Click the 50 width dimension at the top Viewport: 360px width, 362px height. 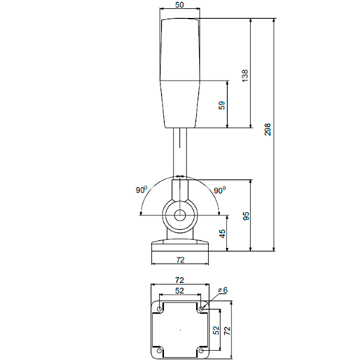179,5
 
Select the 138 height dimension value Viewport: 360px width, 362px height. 245,75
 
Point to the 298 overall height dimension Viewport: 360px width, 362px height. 268,129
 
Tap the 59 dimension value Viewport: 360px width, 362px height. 221,105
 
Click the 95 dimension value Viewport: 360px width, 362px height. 245,215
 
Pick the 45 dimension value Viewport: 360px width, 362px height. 221,234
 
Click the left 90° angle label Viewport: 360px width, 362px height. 142,190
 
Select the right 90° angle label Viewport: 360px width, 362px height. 219,190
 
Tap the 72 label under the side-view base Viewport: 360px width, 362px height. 180,260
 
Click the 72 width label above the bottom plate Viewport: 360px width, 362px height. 179,280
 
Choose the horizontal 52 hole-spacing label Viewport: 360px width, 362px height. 179,291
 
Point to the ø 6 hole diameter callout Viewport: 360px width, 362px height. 223,290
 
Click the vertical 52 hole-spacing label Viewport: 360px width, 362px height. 216,330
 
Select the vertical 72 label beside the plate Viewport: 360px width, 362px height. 227,330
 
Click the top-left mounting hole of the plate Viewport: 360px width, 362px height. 159,309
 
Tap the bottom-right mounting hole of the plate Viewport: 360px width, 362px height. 201,351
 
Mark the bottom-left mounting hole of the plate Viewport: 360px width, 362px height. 159,351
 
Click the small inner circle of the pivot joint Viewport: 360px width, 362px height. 180,215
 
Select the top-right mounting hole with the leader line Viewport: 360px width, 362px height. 201,309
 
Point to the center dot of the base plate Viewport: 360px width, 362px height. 180,330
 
